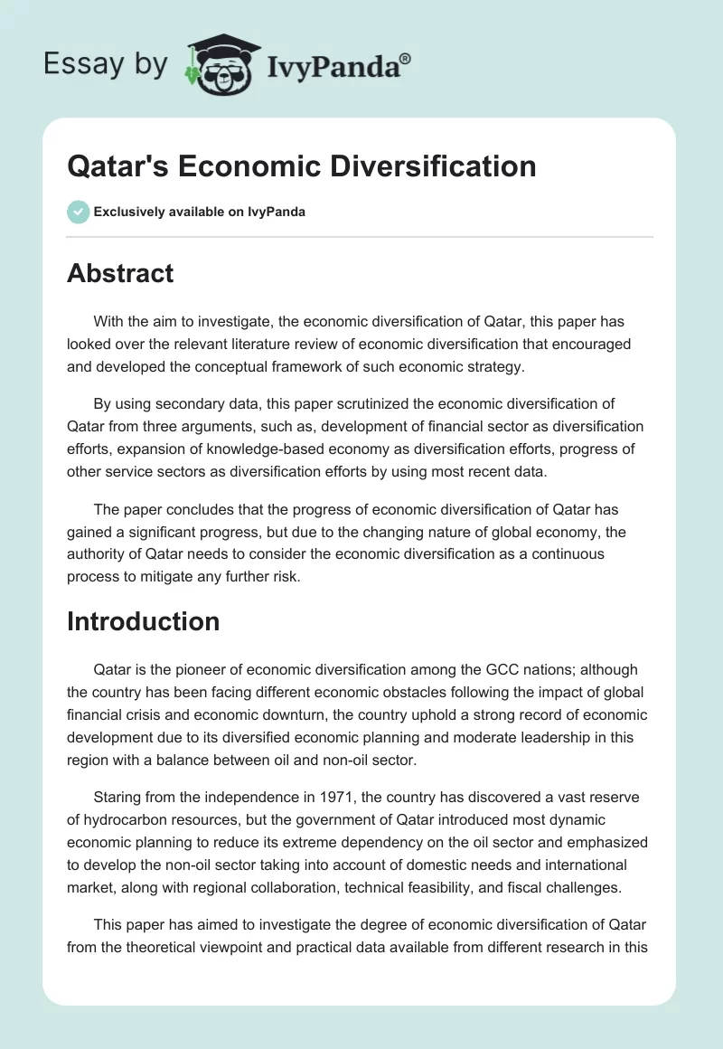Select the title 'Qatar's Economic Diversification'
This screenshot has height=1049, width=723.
point(301,165)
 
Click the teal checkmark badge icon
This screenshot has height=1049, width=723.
point(78,212)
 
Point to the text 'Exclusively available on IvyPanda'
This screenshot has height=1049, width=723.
point(199,212)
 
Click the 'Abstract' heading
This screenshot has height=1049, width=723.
point(120,274)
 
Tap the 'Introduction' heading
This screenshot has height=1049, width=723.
point(143,621)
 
